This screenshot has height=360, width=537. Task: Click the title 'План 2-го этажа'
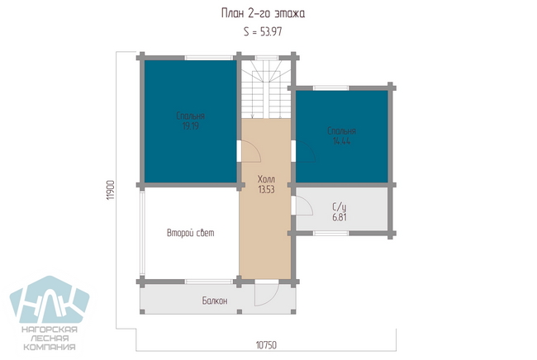263,14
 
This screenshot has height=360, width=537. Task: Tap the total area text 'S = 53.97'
263,32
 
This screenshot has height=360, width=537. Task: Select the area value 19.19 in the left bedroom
190,126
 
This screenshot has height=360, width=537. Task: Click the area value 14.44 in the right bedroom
341,141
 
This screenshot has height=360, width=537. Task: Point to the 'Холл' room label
266,179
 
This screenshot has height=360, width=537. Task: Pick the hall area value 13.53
266,189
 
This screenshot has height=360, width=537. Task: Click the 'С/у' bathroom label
340,207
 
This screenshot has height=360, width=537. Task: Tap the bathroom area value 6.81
340,217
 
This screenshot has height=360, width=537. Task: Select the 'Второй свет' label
190,233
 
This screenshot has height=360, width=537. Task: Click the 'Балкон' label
215,301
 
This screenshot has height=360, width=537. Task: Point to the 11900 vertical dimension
110,190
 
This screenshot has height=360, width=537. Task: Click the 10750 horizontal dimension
266,345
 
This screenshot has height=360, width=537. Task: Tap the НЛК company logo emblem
50,300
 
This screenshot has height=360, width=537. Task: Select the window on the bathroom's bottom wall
330,234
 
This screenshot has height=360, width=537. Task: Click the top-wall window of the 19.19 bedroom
208,58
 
